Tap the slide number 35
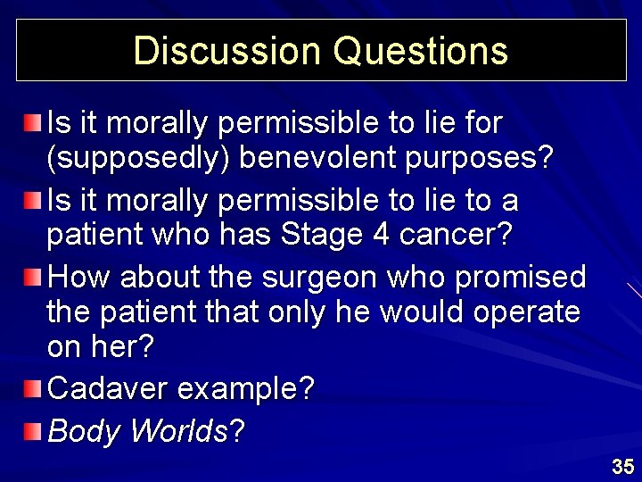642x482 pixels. click(622, 466)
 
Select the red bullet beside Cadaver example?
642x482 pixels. click(32, 387)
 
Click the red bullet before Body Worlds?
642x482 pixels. click(32, 431)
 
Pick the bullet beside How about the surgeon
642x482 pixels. click(32, 276)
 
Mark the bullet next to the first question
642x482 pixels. click(32, 120)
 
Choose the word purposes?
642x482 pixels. click(486, 159)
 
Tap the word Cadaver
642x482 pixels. click(107, 389)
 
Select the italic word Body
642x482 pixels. click(85, 432)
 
